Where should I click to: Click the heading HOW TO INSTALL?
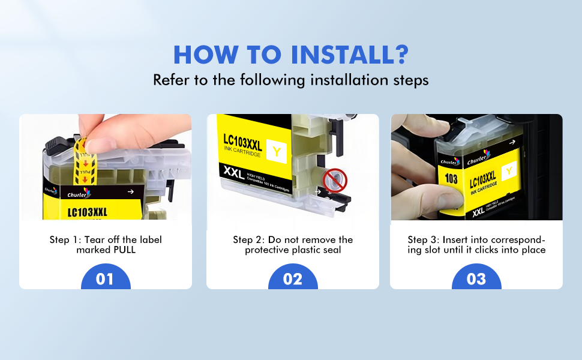pyautogui.click(x=290, y=55)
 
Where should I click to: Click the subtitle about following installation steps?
pyautogui.click(x=290, y=80)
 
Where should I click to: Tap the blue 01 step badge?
pyautogui.click(x=105, y=279)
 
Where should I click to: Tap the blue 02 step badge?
pyautogui.click(x=293, y=279)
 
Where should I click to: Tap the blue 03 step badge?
pyautogui.click(x=476, y=279)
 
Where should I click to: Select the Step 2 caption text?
pyautogui.click(x=293, y=245)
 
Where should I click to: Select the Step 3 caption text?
pyautogui.click(x=476, y=245)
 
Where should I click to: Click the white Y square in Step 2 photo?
pyautogui.click(x=276, y=151)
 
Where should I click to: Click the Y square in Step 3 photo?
pyautogui.click(x=509, y=172)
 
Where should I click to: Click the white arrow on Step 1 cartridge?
pyautogui.click(x=131, y=192)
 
